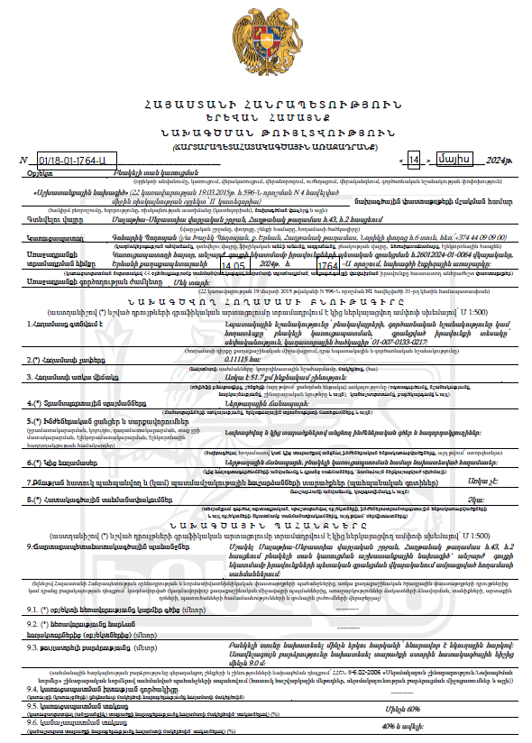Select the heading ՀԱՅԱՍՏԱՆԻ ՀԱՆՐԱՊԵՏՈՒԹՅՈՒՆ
(x=266, y=105)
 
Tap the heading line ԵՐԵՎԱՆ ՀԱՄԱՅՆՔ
(x=266, y=118)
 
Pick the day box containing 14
(x=414, y=160)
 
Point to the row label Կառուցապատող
(x=53, y=239)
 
